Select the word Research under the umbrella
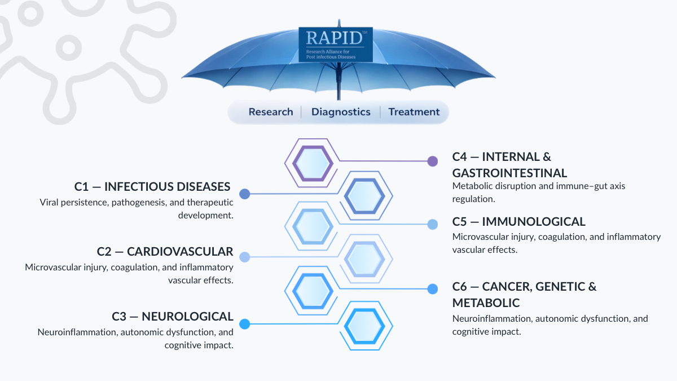(x=271, y=112)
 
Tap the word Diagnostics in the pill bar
(x=341, y=112)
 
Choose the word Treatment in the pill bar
(x=414, y=112)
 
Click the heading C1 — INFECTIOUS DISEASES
(x=152, y=187)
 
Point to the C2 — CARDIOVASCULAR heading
(x=165, y=251)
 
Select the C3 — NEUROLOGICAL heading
(x=173, y=316)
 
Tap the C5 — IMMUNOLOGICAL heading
(x=518, y=221)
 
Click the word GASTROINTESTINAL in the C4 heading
(x=509, y=173)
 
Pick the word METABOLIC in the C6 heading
(x=486, y=303)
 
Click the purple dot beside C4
(x=433, y=161)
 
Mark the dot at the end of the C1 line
(x=244, y=194)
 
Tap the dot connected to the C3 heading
(x=244, y=324)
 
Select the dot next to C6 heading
(x=433, y=289)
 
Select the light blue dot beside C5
(x=433, y=224)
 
